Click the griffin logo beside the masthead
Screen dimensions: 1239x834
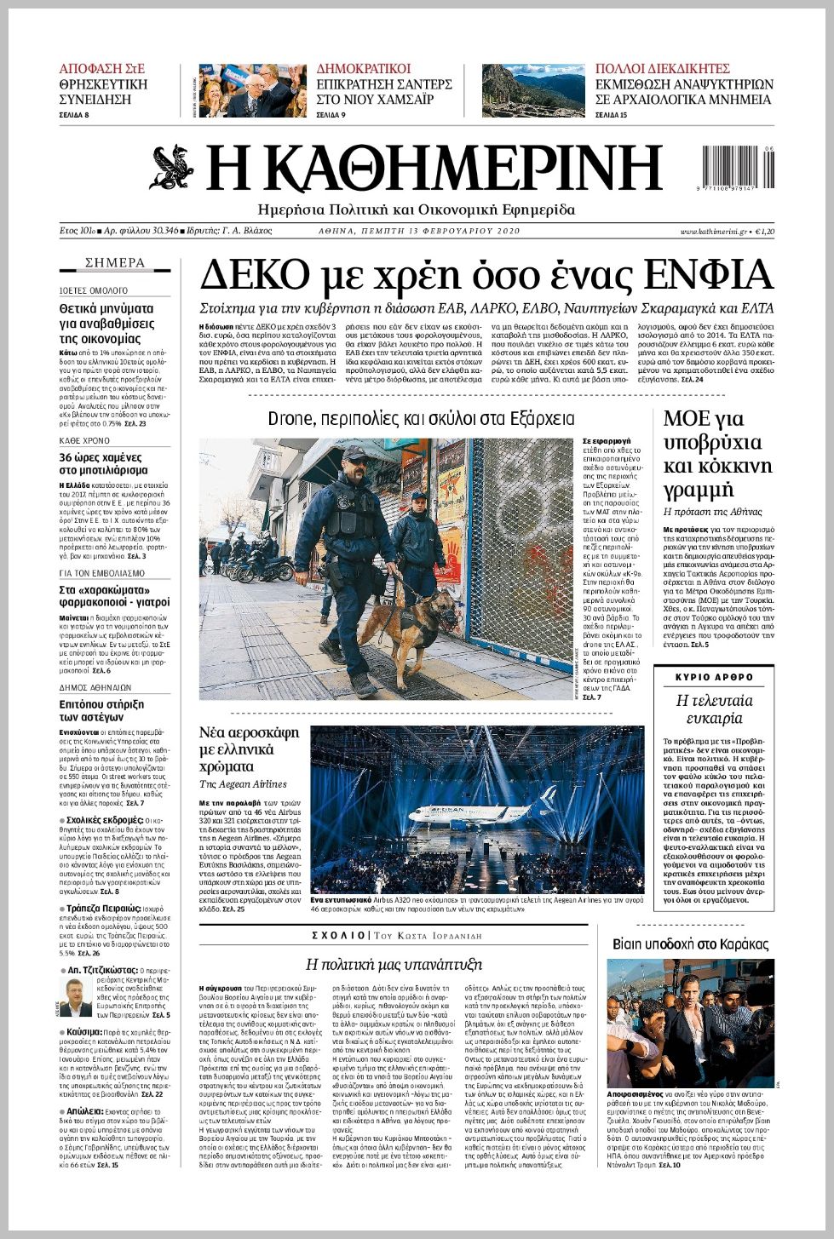tap(174, 168)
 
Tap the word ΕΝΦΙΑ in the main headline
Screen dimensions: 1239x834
tap(709, 276)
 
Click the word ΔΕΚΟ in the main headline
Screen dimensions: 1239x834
tap(254, 276)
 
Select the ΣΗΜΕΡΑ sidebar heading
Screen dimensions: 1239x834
tap(115, 263)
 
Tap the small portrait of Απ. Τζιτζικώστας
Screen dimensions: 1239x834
tap(76, 997)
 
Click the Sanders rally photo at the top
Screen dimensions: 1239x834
tap(252, 90)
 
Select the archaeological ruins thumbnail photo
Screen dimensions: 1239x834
tap(533, 90)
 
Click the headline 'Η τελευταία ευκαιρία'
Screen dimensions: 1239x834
tap(714, 708)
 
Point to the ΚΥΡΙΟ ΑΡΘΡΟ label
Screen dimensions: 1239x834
tap(714, 677)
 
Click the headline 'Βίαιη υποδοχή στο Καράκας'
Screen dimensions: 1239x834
tap(690, 944)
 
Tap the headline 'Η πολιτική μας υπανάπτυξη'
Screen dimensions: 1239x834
tap(394, 964)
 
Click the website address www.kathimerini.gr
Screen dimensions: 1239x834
tap(713, 232)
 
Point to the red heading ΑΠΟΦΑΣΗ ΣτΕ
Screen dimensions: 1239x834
tap(101, 69)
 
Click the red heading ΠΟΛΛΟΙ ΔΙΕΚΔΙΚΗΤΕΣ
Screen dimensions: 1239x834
tap(662, 69)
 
